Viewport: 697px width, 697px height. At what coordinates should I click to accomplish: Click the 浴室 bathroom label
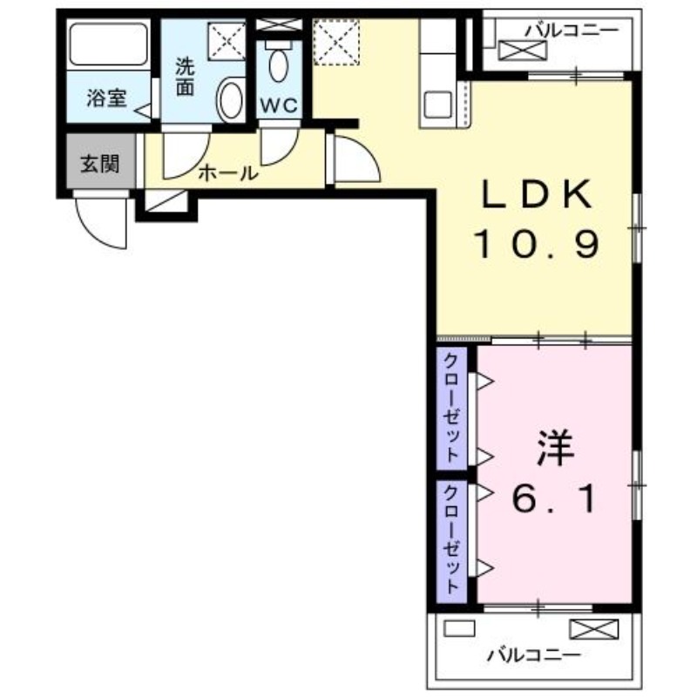coord(106,99)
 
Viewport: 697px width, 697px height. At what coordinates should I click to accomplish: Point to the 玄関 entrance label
coord(101,163)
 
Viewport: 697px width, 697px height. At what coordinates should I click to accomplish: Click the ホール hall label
coord(228,173)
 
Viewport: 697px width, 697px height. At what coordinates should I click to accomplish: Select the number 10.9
coord(537,245)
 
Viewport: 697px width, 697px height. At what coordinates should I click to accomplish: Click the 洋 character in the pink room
coord(554,450)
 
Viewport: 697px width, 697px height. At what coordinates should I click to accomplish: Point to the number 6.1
coord(554,500)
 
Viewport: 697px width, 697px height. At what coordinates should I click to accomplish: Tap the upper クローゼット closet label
coord(452,408)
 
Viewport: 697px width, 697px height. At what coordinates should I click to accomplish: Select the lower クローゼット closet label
coord(452,538)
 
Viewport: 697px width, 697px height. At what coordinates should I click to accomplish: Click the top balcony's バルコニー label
coord(571,30)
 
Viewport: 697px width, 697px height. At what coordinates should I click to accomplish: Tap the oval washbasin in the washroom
coord(231,100)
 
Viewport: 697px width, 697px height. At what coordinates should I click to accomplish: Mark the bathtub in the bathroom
coord(107,43)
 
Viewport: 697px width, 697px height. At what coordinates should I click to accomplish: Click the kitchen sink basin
coord(436,105)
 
